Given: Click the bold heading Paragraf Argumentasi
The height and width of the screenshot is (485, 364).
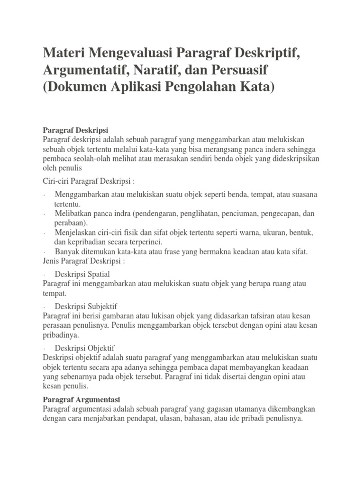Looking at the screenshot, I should click(x=81, y=399).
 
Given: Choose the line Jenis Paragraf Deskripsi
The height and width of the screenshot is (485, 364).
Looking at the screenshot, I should click(x=84, y=261).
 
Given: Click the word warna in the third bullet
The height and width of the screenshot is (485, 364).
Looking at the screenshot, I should click(x=246, y=233).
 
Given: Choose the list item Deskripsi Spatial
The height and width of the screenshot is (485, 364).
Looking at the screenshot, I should click(x=82, y=274).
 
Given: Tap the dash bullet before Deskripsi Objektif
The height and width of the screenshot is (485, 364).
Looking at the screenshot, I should click(x=44, y=349).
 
